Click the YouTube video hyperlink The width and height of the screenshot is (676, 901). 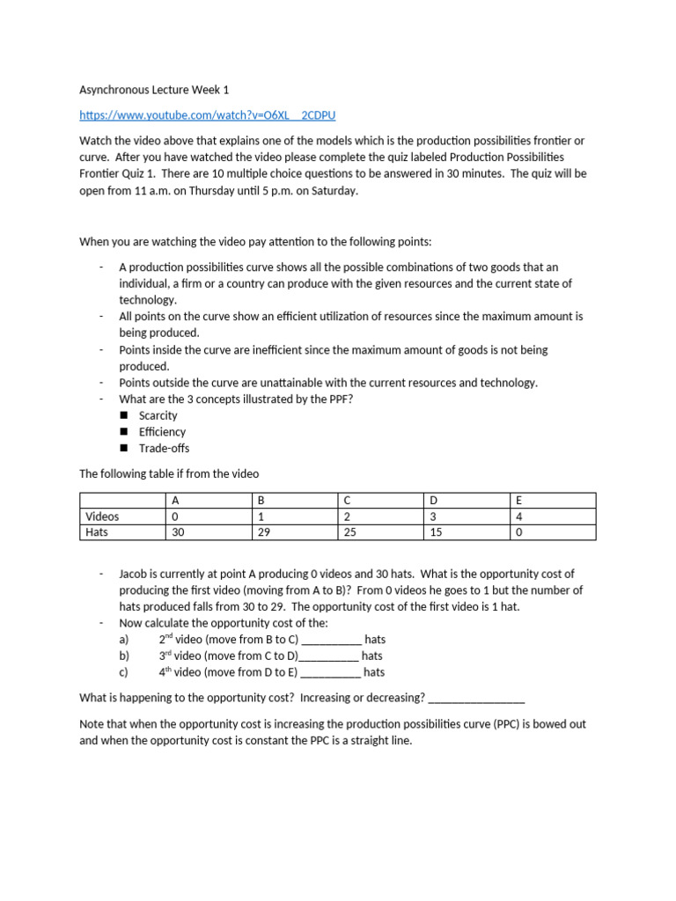coord(207,115)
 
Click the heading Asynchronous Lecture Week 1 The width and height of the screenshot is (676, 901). coord(155,90)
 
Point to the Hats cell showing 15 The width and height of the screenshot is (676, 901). coord(435,531)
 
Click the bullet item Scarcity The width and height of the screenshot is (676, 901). coord(158,415)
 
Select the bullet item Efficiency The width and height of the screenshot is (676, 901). coord(162,432)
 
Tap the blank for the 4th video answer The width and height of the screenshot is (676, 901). coord(330,673)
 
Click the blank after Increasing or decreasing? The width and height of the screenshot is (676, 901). coord(476,698)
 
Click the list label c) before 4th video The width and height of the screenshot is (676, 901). coord(124,672)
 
